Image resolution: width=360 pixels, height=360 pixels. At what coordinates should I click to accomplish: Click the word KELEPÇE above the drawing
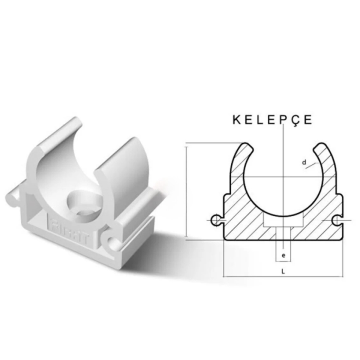pos(272,120)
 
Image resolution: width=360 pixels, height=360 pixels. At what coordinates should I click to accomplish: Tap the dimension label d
pos(304,162)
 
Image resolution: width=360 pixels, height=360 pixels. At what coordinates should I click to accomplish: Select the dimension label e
pos(283,256)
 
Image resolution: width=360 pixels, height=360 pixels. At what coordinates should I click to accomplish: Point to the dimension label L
pos(283,272)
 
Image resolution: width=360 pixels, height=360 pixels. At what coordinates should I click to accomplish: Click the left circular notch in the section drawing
pos(216,220)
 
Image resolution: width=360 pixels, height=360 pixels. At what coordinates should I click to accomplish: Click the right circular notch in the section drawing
pos(338,220)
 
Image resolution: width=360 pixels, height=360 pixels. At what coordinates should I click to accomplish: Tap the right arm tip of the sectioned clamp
pos(321,147)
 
